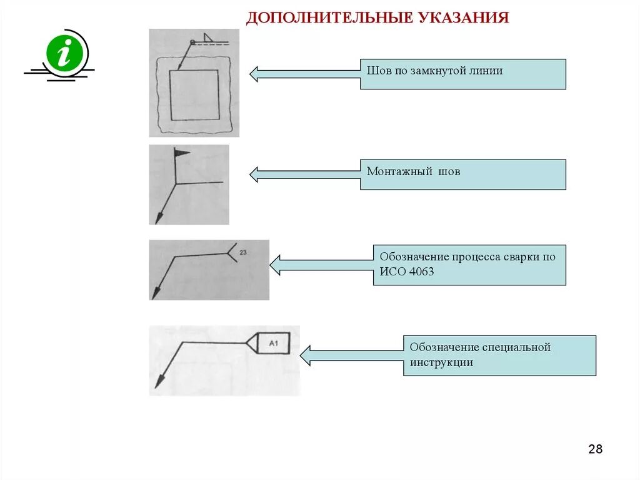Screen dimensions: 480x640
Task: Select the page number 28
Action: click(x=595, y=449)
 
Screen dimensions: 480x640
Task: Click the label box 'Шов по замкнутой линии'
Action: click(x=462, y=74)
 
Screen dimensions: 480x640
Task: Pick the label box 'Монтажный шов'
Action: click(x=462, y=174)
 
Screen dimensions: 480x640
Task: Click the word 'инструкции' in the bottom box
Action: click(x=441, y=362)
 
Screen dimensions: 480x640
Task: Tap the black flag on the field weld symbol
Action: click(x=181, y=152)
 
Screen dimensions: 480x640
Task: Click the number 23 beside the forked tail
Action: click(x=243, y=252)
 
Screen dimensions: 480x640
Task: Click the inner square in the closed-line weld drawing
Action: click(x=194, y=94)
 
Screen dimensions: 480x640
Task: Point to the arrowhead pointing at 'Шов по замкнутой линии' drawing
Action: click(x=254, y=74)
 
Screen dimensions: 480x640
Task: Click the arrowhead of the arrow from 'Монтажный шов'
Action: click(x=254, y=174)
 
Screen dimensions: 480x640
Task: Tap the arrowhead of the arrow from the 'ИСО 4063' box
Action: click(x=274, y=265)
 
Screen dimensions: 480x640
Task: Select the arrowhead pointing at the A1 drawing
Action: click(x=304, y=355)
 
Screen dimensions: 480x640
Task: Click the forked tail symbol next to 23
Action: click(x=232, y=252)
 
